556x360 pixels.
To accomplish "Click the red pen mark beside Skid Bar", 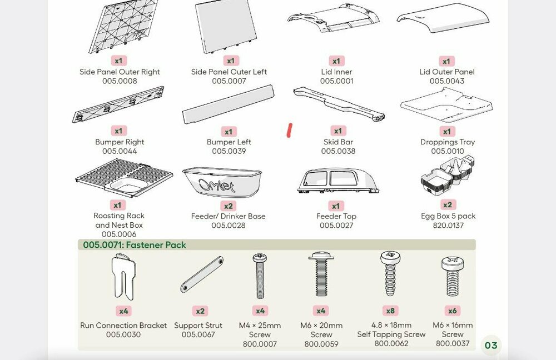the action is click(x=289, y=130).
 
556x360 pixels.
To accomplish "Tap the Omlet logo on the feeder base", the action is click(x=216, y=186).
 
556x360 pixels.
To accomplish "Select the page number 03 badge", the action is click(x=491, y=345).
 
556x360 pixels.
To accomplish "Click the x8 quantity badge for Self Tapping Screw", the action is click(x=390, y=311).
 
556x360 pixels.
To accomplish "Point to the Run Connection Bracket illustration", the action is click(x=123, y=277).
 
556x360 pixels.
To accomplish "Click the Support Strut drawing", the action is click(x=202, y=274).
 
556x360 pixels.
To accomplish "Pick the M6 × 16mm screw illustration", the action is click(x=453, y=277).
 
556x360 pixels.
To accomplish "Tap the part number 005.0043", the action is click(x=447, y=81).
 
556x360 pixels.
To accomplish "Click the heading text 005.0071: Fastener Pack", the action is click(x=135, y=245).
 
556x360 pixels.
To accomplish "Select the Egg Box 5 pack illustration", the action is click(x=448, y=176).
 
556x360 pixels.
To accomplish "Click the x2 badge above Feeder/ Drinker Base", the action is click(x=229, y=206).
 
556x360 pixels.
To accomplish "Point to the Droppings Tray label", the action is click(x=448, y=142).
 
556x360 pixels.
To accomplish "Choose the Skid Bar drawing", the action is click(x=339, y=103).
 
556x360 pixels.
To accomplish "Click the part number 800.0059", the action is click(x=321, y=344).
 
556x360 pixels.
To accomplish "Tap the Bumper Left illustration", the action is click(x=228, y=104).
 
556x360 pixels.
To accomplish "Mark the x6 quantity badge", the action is click(x=453, y=311).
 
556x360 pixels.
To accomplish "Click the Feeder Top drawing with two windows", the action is click(x=338, y=181).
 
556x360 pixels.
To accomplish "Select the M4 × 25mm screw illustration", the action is click(x=260, y=276).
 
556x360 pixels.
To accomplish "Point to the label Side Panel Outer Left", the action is click(x=229, y=72).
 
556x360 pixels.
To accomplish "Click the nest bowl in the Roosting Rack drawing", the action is click(x=129, y=186).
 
